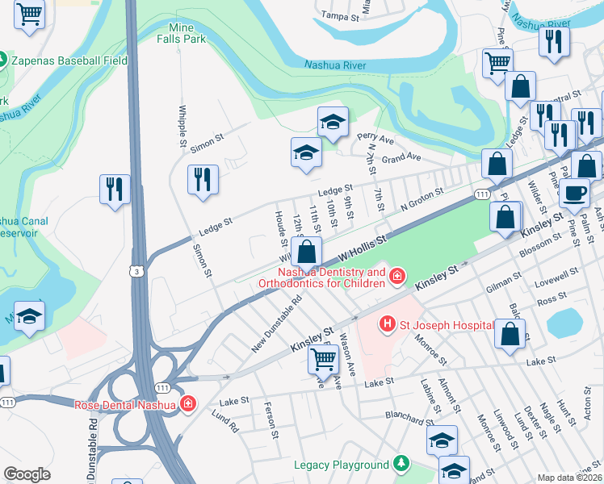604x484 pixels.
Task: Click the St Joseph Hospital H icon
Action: (x=388, y=324)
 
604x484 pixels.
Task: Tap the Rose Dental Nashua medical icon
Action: (x=189, y=404)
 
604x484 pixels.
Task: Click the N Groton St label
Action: (x=423, y=198)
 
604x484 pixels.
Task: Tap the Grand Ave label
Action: (x=402, y=156)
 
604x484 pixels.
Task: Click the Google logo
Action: (x=27, y=474)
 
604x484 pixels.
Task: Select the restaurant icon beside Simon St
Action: (x=202, y=179)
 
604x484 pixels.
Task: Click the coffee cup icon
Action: (x=575, y=193)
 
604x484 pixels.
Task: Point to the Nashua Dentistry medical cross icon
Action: (x=396, y=277)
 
